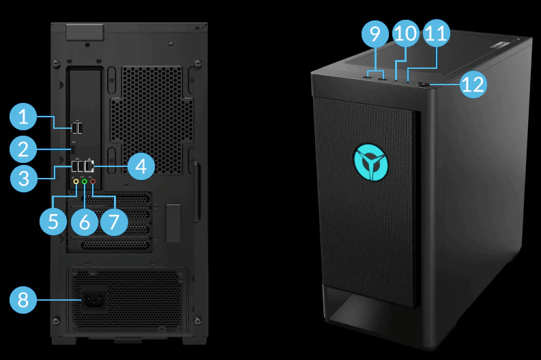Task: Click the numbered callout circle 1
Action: (23, 117)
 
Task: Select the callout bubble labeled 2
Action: (23, 149)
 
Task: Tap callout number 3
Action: (24, 179)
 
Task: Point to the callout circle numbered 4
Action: (141, 166)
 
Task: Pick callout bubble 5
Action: (53, 222)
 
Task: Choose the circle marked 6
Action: (85, 222)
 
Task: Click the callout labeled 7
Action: (114, 222)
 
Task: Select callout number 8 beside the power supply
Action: (23, 299)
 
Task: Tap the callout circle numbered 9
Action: (375, 33)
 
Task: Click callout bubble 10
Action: (406, 33)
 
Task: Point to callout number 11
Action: (437, 33)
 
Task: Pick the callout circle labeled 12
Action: (473, 85)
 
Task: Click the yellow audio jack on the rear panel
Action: (76, 181)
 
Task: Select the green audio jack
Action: (84, 181)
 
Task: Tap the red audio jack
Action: (93, 181)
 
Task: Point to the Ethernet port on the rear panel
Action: (89, 167)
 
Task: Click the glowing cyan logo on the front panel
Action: (371, 162)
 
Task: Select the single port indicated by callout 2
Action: (73, 149)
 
